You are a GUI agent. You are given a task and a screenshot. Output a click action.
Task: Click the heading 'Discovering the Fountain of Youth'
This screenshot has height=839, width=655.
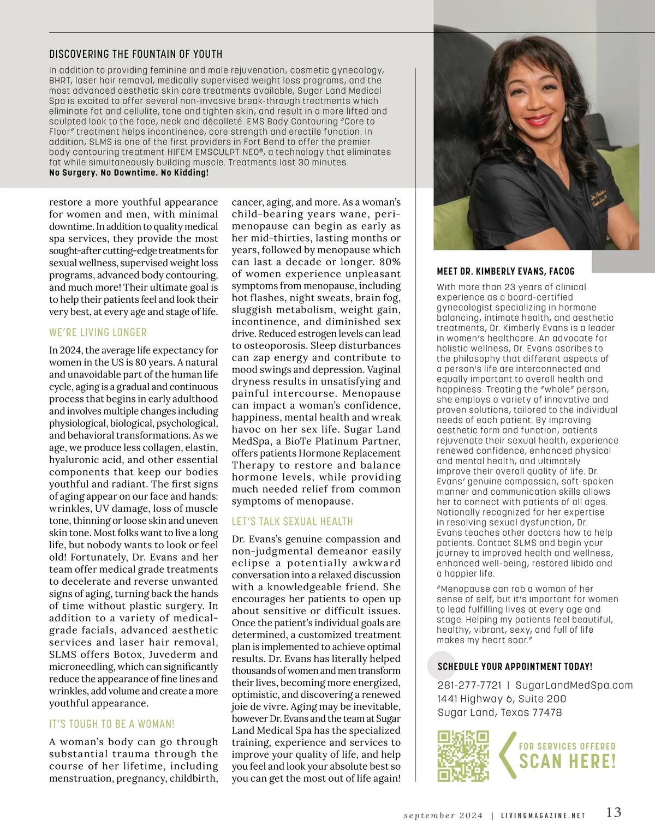coord(135,54)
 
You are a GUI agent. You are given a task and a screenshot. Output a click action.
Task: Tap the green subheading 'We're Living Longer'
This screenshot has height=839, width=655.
coord(98,332)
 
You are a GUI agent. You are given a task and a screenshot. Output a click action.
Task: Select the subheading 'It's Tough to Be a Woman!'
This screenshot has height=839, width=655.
coord(111,724)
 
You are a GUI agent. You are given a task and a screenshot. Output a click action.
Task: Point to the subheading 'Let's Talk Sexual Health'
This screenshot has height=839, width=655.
coord(292,522)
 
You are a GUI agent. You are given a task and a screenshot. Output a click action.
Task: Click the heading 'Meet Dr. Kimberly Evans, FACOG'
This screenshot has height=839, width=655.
coord(505,271)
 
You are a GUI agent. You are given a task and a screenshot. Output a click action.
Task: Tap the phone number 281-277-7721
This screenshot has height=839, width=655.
coord(469,685)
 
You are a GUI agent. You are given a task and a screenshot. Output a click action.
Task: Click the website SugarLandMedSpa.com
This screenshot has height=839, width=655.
coord(574,685)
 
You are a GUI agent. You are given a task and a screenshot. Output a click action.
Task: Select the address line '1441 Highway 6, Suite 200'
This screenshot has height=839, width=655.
coord(502,699)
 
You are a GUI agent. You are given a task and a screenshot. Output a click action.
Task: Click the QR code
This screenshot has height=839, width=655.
coord(463,756)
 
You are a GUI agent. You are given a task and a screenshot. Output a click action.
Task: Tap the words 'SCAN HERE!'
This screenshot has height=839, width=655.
coord(567,761)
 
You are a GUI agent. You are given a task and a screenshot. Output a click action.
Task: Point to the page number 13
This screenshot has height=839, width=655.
coord(614,812)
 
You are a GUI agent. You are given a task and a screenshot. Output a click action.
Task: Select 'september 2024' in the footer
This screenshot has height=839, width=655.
coord(443,816)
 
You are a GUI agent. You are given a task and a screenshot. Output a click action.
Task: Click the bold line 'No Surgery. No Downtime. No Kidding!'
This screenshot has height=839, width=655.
coord(129,173)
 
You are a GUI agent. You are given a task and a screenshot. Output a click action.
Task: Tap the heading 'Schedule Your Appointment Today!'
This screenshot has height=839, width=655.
coord(515,667)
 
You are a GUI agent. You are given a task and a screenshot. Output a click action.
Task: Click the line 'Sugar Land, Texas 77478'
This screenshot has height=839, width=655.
coord(499,712)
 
